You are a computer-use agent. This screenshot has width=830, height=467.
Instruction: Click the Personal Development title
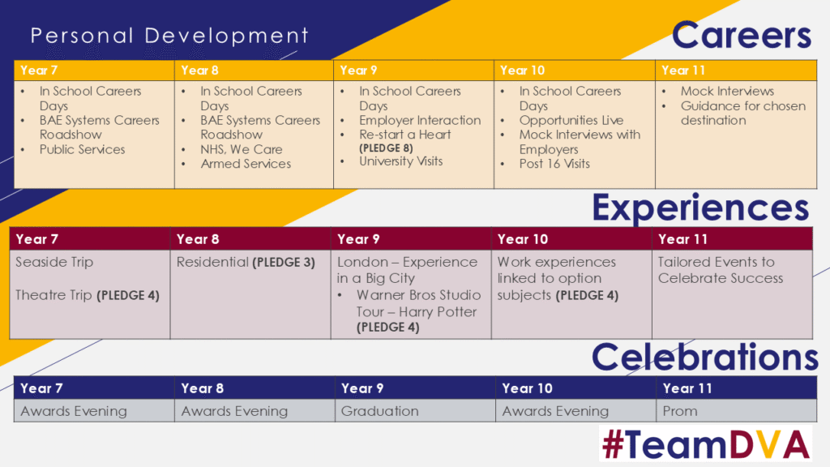pyautogui.click(x=169, y=36)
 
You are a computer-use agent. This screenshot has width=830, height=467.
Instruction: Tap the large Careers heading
pyautogui.click(x=741, y=36)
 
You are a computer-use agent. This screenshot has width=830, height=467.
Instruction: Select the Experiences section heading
pyautogui.click(x=700, y=208)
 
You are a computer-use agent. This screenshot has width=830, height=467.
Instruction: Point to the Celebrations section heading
pyautogui.click(x=704, y=357)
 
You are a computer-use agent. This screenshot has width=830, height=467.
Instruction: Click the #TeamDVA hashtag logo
pyautogui.click(x=706, y=444)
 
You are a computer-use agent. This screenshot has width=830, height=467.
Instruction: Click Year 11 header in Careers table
pyautogui.click(x=683, y=71)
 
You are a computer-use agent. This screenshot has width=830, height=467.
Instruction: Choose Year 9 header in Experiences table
pyautogui.click(x=358, y=239)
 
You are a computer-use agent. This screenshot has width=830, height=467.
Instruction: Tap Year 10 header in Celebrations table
pyautogui.click(x=527, y=388)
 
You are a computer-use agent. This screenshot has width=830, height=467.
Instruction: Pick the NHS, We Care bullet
pyautogui.click(x=242, y=150)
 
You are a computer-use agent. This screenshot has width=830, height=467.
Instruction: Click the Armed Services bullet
pyautogui.click(x=246, y=164)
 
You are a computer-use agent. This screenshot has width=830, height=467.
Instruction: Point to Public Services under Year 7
pyautogui.click(x=82, y=150)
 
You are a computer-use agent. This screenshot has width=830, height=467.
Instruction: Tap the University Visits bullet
pyautogui.click(x=400, y=161)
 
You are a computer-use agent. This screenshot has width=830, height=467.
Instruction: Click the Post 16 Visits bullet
pyautogui.click(x=554, y=164)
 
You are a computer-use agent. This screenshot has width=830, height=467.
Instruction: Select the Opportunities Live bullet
pyautogui.click(x=571, y=121)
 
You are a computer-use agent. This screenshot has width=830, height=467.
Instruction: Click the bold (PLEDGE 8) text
pyautogui.click(x=386, y=148)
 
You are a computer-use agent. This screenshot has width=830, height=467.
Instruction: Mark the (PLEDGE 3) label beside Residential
pyautogui.click(x=284, y=263)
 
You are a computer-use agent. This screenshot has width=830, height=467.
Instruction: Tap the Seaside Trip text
pyautogui.click(x=54, y=262)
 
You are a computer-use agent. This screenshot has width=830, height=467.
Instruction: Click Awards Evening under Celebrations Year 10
pyautogui.click(x=555, y=411)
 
